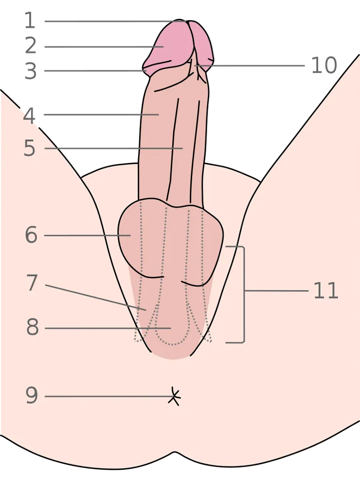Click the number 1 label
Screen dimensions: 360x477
point(30,21)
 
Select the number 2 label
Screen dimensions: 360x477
point(31,46)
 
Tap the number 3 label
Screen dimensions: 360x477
point(31,71)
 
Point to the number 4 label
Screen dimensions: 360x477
point(30,116)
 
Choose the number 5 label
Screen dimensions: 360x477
point(30,148)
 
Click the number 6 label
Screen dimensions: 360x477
point(31,235)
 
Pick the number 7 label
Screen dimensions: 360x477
point(32,283)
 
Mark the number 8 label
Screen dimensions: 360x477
point(33,327)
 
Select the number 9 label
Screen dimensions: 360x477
point(32,395)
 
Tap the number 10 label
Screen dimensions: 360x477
point(324,65)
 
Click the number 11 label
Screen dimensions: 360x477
point(325,290)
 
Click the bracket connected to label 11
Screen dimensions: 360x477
point(244,295)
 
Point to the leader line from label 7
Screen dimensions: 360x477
point(95,298)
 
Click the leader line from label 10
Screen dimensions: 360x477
point(250,66)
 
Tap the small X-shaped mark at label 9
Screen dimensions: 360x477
point(174,397)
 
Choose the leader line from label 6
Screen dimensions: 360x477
point(88,235)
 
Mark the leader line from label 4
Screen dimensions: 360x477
point(101,115)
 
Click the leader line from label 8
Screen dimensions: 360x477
point(108,328)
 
